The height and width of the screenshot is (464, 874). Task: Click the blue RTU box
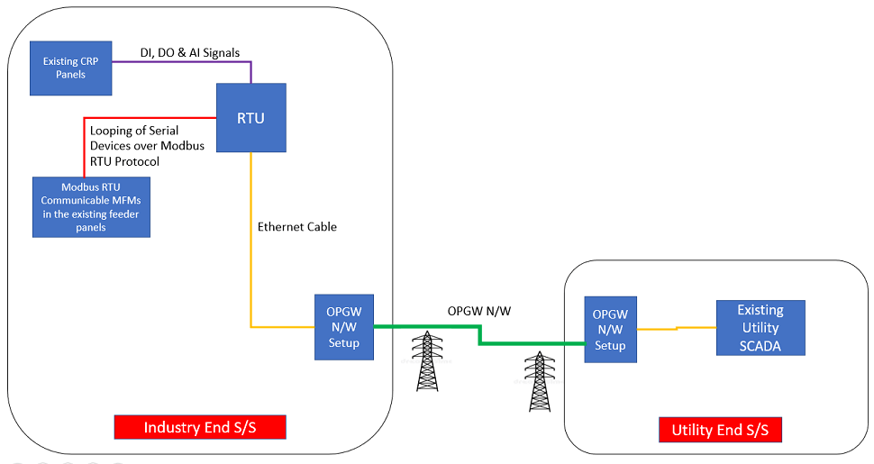250,118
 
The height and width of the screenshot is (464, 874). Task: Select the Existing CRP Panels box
70,68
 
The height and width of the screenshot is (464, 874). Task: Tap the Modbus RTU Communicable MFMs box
91,207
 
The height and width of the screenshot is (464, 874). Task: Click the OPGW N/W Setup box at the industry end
343,327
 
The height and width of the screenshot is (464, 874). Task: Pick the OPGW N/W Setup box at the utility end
610,330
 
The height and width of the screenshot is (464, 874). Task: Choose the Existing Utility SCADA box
760,328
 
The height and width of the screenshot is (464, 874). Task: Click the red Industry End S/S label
200,427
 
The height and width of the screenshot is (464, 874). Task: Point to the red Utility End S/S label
720,430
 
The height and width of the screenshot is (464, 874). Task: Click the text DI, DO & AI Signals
190,53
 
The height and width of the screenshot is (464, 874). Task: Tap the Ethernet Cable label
296,227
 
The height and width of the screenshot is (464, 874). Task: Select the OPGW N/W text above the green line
479,311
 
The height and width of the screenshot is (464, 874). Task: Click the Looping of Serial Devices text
147,145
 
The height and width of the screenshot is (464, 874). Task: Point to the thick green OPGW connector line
532,343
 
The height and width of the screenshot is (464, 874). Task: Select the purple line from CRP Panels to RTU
180,61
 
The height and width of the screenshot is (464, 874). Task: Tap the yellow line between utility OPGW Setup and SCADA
676,329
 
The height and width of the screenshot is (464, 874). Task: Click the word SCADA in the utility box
760,346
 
